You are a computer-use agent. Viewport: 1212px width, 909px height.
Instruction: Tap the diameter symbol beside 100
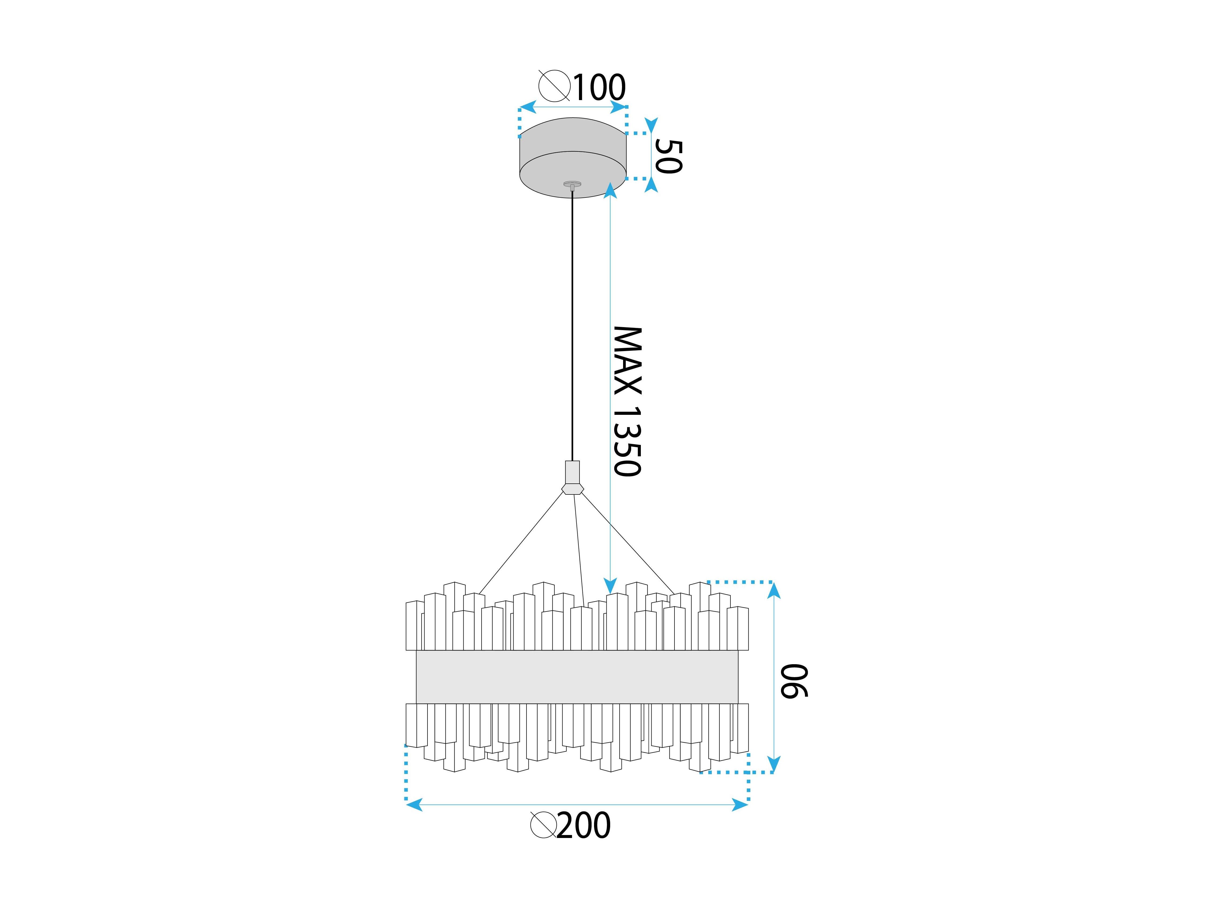554,86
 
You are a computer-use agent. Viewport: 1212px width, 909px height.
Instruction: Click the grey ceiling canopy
573,158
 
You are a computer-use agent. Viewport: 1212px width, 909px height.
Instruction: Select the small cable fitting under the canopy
573,185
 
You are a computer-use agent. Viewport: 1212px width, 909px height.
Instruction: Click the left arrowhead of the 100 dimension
527,107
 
